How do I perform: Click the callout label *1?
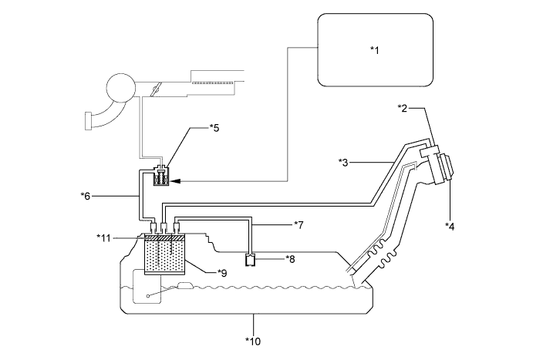(x=374, y=50)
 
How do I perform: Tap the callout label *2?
(x=403, y=109)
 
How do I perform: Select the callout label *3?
(x=344, y=163)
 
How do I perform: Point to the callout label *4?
(x=450, y=226)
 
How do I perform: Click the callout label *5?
(x=214, y=128)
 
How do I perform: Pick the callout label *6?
(x=86, y=196)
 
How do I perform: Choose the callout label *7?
(x=299, y=224)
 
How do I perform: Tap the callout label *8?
(x=290, y=259)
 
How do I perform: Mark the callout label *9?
(x=222, y=273)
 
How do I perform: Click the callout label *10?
(x=253, y=341)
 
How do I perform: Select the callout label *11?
(x=103, y=238)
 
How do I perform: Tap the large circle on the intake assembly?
(x=121, y=87)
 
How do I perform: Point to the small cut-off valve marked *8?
(x=251, y=260)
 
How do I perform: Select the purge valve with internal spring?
(x=160, y=176)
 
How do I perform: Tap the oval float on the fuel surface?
(x=185, y=285)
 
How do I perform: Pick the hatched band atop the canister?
(x=165, y=238)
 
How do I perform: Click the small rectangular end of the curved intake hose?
(x=88, y=120)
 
